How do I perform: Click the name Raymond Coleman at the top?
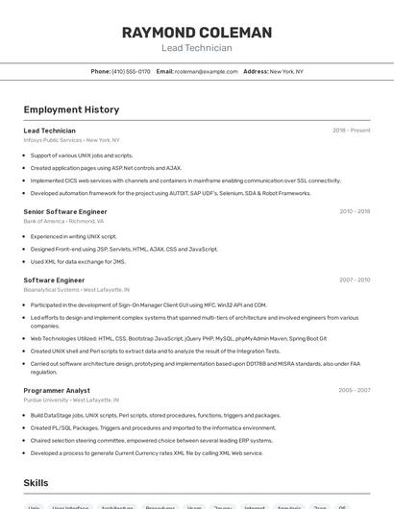tap(196, 33)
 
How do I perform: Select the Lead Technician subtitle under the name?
tap(196, 48)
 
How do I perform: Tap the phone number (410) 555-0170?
tap(131, 71)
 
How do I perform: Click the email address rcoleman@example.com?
tap(207, 71)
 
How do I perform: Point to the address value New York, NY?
tap(286, 71)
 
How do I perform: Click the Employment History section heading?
tap(71, 109)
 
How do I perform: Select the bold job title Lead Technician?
tap(49, 131)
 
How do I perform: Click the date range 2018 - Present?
tap(351, 131)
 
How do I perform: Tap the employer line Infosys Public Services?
tap(71, 140)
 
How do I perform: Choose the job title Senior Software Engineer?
tap(65, 211)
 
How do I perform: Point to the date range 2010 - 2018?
tap(355, 211)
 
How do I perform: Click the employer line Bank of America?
tap(63, 221)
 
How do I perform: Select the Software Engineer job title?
tap(54, 280)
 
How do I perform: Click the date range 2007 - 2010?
tap(355, 280)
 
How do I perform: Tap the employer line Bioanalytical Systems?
tap(76, 289)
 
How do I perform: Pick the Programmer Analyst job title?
tap(57, 391)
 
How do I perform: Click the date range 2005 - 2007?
tap(355, 391)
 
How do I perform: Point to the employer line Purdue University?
tap(71, 400)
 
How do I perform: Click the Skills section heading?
tap(36, 483)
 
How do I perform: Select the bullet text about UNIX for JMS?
tap(78, 261)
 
